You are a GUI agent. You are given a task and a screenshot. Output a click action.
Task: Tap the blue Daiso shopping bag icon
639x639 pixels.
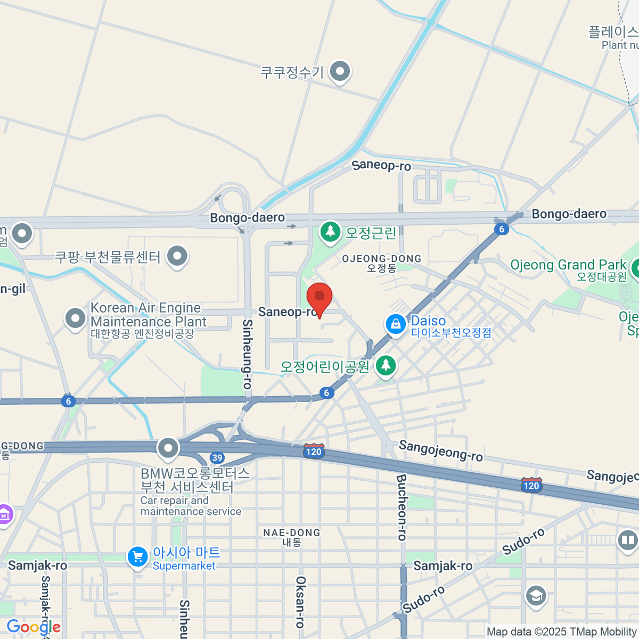[x=396, y=324]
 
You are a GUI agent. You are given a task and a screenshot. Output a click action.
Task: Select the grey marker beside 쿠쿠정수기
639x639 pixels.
[x=339, y=71]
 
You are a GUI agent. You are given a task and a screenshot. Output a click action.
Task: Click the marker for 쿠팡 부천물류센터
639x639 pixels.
[x=177, y=256]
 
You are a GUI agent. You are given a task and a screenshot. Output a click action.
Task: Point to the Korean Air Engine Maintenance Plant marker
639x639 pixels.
[x=75, y=318]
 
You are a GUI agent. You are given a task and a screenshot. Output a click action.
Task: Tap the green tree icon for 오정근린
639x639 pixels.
[x=330, y=232]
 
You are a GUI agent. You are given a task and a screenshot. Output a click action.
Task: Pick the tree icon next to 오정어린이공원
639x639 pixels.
[x=386, y=366]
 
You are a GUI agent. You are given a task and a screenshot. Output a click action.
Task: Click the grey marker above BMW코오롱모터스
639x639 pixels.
[x=168, y=448]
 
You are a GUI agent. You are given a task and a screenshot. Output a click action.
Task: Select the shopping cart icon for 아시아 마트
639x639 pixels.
[x=137, y=558]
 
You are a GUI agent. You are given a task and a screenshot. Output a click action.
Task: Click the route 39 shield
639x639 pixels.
[x=217, y=457]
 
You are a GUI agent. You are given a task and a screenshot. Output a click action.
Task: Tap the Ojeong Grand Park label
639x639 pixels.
[x=568, y=265]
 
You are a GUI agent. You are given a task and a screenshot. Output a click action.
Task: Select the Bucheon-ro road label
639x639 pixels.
[x=402, y=507]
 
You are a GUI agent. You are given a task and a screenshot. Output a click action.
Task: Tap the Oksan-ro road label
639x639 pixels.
[x=300, y=602]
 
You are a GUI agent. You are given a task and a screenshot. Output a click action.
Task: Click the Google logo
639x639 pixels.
[x=33, y=627]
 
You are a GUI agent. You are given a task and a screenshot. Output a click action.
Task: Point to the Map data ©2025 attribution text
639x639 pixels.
[x=562, y=632]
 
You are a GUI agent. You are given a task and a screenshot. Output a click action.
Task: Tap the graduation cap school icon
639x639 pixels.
[x=536, y=596]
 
